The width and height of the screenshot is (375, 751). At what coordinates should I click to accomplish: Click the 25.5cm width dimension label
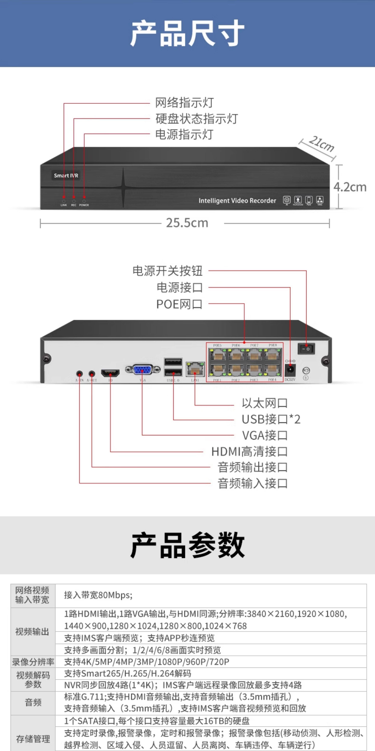tap(187, 223)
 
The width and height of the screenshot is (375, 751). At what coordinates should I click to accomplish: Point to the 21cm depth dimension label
tap(321, 144)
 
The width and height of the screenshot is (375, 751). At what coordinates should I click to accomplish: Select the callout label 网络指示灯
tap(184, 103)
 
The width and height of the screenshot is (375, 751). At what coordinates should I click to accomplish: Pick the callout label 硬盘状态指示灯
tap(197, 119)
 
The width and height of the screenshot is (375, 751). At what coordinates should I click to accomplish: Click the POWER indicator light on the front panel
tap(84, 201)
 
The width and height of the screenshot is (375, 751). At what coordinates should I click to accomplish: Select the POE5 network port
tap(218, 355)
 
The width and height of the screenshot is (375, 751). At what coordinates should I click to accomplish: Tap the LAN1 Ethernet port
tap(195, 370)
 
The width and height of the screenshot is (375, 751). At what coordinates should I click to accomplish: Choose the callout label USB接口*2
tap(271, 419)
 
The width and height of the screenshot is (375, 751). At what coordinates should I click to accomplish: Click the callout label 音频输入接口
tap(252, 483)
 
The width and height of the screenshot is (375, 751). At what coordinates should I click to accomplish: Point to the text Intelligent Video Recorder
tap(237, 201)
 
